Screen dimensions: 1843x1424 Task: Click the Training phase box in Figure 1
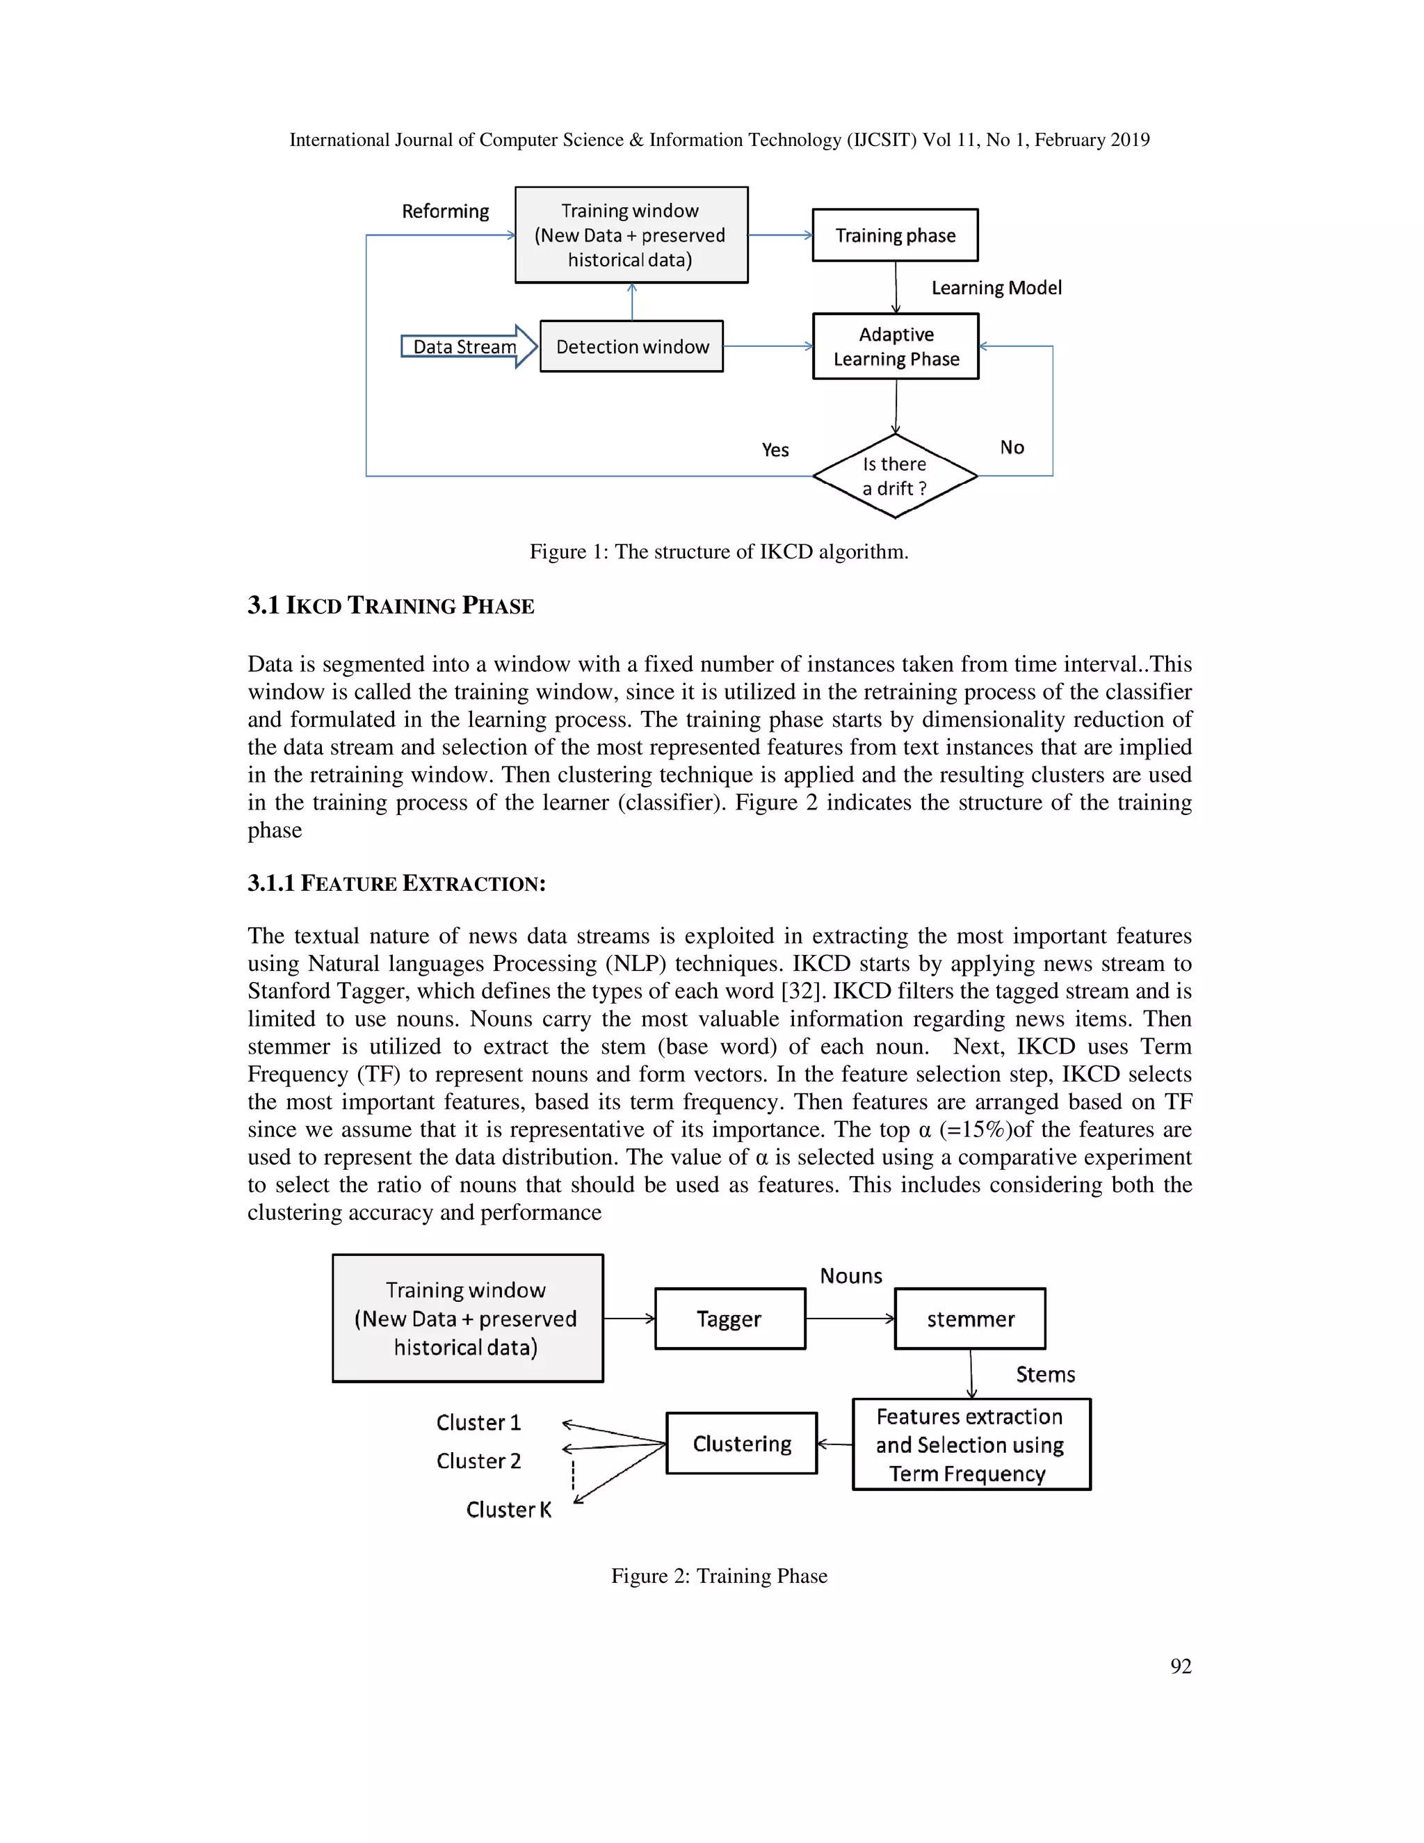click(x=895, y=236)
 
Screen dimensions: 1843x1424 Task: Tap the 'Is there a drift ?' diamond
click(x=894, y=476)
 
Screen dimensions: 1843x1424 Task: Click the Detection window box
click(x=632, y=347)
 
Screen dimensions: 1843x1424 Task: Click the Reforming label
click(x=446, y=211)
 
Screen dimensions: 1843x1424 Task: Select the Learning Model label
click(x=996, y=288)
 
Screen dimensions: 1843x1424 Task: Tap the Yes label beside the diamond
click(x=775, y=450)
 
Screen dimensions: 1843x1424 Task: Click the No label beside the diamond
click(x=1012, y=447)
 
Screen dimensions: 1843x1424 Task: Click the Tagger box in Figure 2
click(x=729, y=1319)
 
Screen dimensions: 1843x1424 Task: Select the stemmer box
click(x=970, y=1319)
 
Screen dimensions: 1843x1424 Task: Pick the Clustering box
click(x=741, y=1444)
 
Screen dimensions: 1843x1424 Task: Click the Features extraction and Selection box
click(x=971, y=1444)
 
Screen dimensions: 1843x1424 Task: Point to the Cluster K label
click(x=509, y=1510)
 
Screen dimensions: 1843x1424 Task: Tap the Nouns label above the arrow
click(x=850, y=1276)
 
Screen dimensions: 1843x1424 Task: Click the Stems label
click(x=1045, y=1375)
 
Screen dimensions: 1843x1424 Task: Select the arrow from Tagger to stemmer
click(x=850, y=1319)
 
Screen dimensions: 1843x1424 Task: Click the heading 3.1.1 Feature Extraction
click(x=396, y=883)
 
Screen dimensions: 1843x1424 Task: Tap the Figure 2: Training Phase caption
click(x=719, y=1575)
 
